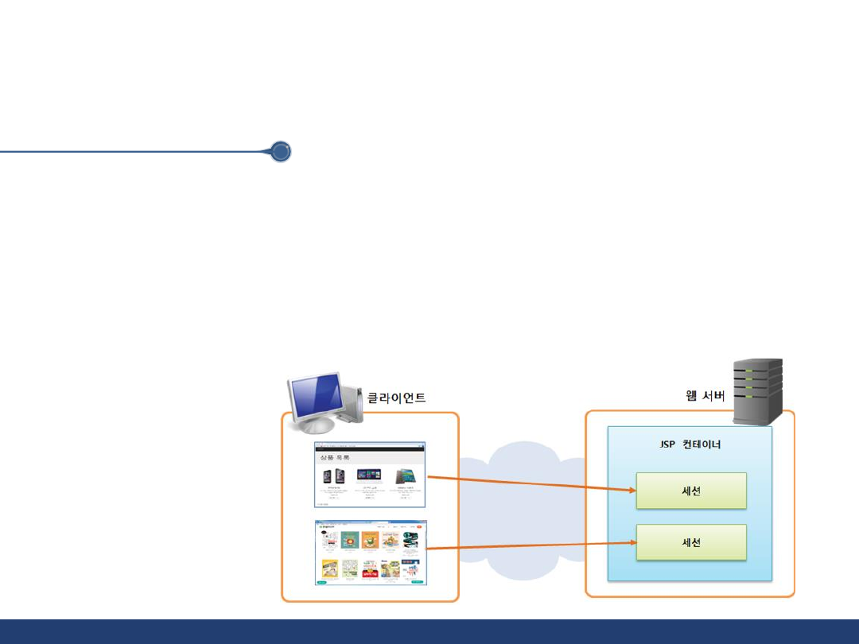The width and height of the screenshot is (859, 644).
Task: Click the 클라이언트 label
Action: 395,398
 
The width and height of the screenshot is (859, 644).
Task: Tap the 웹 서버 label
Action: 705,395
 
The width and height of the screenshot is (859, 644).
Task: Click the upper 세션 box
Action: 690,491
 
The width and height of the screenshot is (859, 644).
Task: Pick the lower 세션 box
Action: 690,542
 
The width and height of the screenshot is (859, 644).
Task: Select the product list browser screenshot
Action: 370,475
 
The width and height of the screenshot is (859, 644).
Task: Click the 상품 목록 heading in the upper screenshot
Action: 335,459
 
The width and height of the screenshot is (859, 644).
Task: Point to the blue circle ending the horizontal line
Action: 280,152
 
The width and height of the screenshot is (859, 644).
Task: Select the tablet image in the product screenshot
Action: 407,476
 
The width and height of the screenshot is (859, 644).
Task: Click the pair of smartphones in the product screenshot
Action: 333,477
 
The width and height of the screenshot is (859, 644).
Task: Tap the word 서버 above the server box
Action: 713,395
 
